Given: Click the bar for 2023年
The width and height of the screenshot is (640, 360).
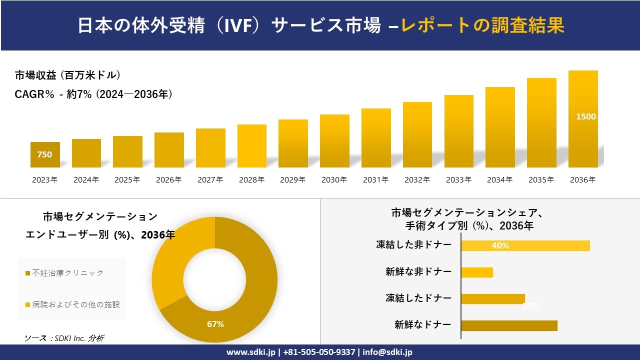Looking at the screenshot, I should (x=45, y=154).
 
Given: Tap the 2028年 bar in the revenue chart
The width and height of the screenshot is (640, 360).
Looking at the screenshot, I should (x=251, y=146).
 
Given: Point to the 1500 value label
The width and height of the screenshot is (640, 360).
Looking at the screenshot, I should (x=585, y=116).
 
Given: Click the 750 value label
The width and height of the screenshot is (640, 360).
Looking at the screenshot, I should (x=44, y=154).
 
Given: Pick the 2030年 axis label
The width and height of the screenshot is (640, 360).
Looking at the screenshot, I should (x=334, y=180).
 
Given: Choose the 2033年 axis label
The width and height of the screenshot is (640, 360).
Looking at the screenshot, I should (x=458, y=180).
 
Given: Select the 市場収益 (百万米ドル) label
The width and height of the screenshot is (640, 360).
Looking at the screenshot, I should (x=67, y=75).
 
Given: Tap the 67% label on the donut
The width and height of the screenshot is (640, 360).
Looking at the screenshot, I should (x=215, y=324).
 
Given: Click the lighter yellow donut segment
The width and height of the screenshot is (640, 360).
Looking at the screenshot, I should (x=175, y=255).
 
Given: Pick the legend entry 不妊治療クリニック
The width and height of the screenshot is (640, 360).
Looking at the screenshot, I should (x=67, y=273).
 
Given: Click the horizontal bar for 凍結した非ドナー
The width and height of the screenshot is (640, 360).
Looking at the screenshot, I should (x=525, y=245).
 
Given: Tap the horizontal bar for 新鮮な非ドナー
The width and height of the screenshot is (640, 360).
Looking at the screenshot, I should (x=476, y=272).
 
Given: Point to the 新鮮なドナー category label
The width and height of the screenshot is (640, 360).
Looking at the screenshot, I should (x=422, y=325).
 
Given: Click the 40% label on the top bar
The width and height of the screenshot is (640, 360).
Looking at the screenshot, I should (x=500, y=245).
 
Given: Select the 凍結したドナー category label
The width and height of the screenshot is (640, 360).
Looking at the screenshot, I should (x=418, y=298).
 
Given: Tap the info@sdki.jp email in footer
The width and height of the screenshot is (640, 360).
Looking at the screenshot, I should (x=388, y=352).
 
